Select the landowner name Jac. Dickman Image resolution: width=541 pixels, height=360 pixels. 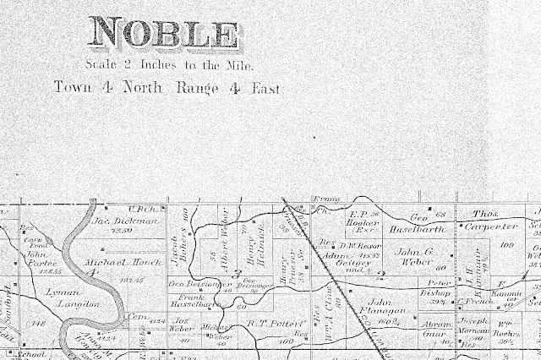pos(126,221)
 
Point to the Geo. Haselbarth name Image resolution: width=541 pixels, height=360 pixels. pos(417,223)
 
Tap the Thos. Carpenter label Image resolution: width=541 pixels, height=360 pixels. pos(492,221)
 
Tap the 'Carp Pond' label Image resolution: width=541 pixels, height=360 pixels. pos(31,242)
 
